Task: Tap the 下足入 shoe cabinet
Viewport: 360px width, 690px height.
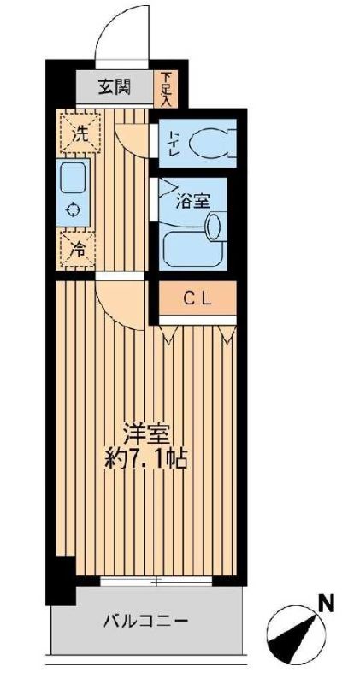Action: pyautogui.click(x=165, y=88)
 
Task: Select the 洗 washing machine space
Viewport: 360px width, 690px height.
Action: pyautogui.click(x=79, y=133)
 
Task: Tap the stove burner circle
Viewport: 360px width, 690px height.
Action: pyautogui.click(x=73, y=209)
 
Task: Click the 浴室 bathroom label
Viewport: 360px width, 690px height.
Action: pyautogui.click(x=189, y=203)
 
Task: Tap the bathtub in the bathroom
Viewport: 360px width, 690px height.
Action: pyautogui.click(x=190, y=247)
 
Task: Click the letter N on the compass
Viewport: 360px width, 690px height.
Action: pyautogui.click(x=325, y=604)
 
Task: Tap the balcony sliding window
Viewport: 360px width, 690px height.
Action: pyautogui.click(x=156, y=581)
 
